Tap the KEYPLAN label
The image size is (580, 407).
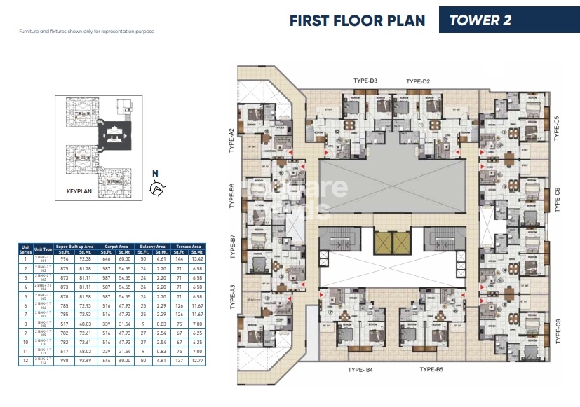pyautogui.click(x=75, y=190)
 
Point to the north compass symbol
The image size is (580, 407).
pyautogui.click(x=158, y=187)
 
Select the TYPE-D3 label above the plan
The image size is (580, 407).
pyautogui.click(x=364, y=81)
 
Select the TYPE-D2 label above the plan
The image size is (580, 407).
pyautogui.click(x=418, y=81)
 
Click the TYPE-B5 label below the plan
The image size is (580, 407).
pyautogui.click(x=435, y=369)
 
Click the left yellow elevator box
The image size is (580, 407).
pyautogui.click(x=383, y=242)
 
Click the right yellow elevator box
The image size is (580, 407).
pyautogui.click(x=400, y=242)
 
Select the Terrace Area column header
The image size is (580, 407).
pyautogui.click(x=187, y=246)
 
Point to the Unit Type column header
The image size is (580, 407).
pyautogui.click(x=43, y=249)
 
